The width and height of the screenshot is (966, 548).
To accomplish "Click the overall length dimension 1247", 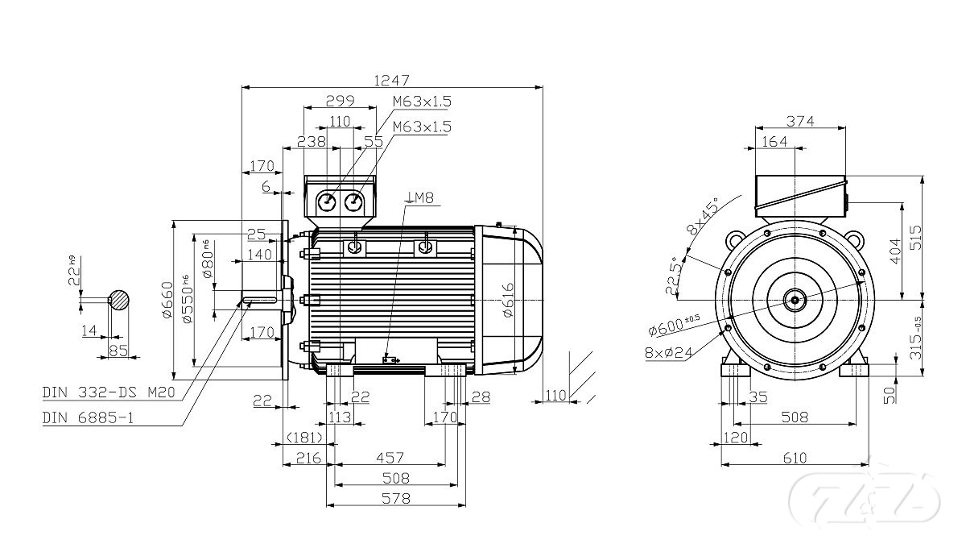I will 391,80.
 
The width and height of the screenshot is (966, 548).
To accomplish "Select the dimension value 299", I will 339,101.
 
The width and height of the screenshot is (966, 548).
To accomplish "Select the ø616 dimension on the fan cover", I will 507,300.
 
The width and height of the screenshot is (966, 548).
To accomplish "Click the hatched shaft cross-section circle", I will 119,299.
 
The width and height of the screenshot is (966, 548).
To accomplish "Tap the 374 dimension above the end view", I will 800,122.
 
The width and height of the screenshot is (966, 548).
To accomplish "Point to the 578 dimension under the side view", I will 394,499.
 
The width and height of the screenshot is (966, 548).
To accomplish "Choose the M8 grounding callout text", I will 421,197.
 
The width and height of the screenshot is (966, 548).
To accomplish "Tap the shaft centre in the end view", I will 795,300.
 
